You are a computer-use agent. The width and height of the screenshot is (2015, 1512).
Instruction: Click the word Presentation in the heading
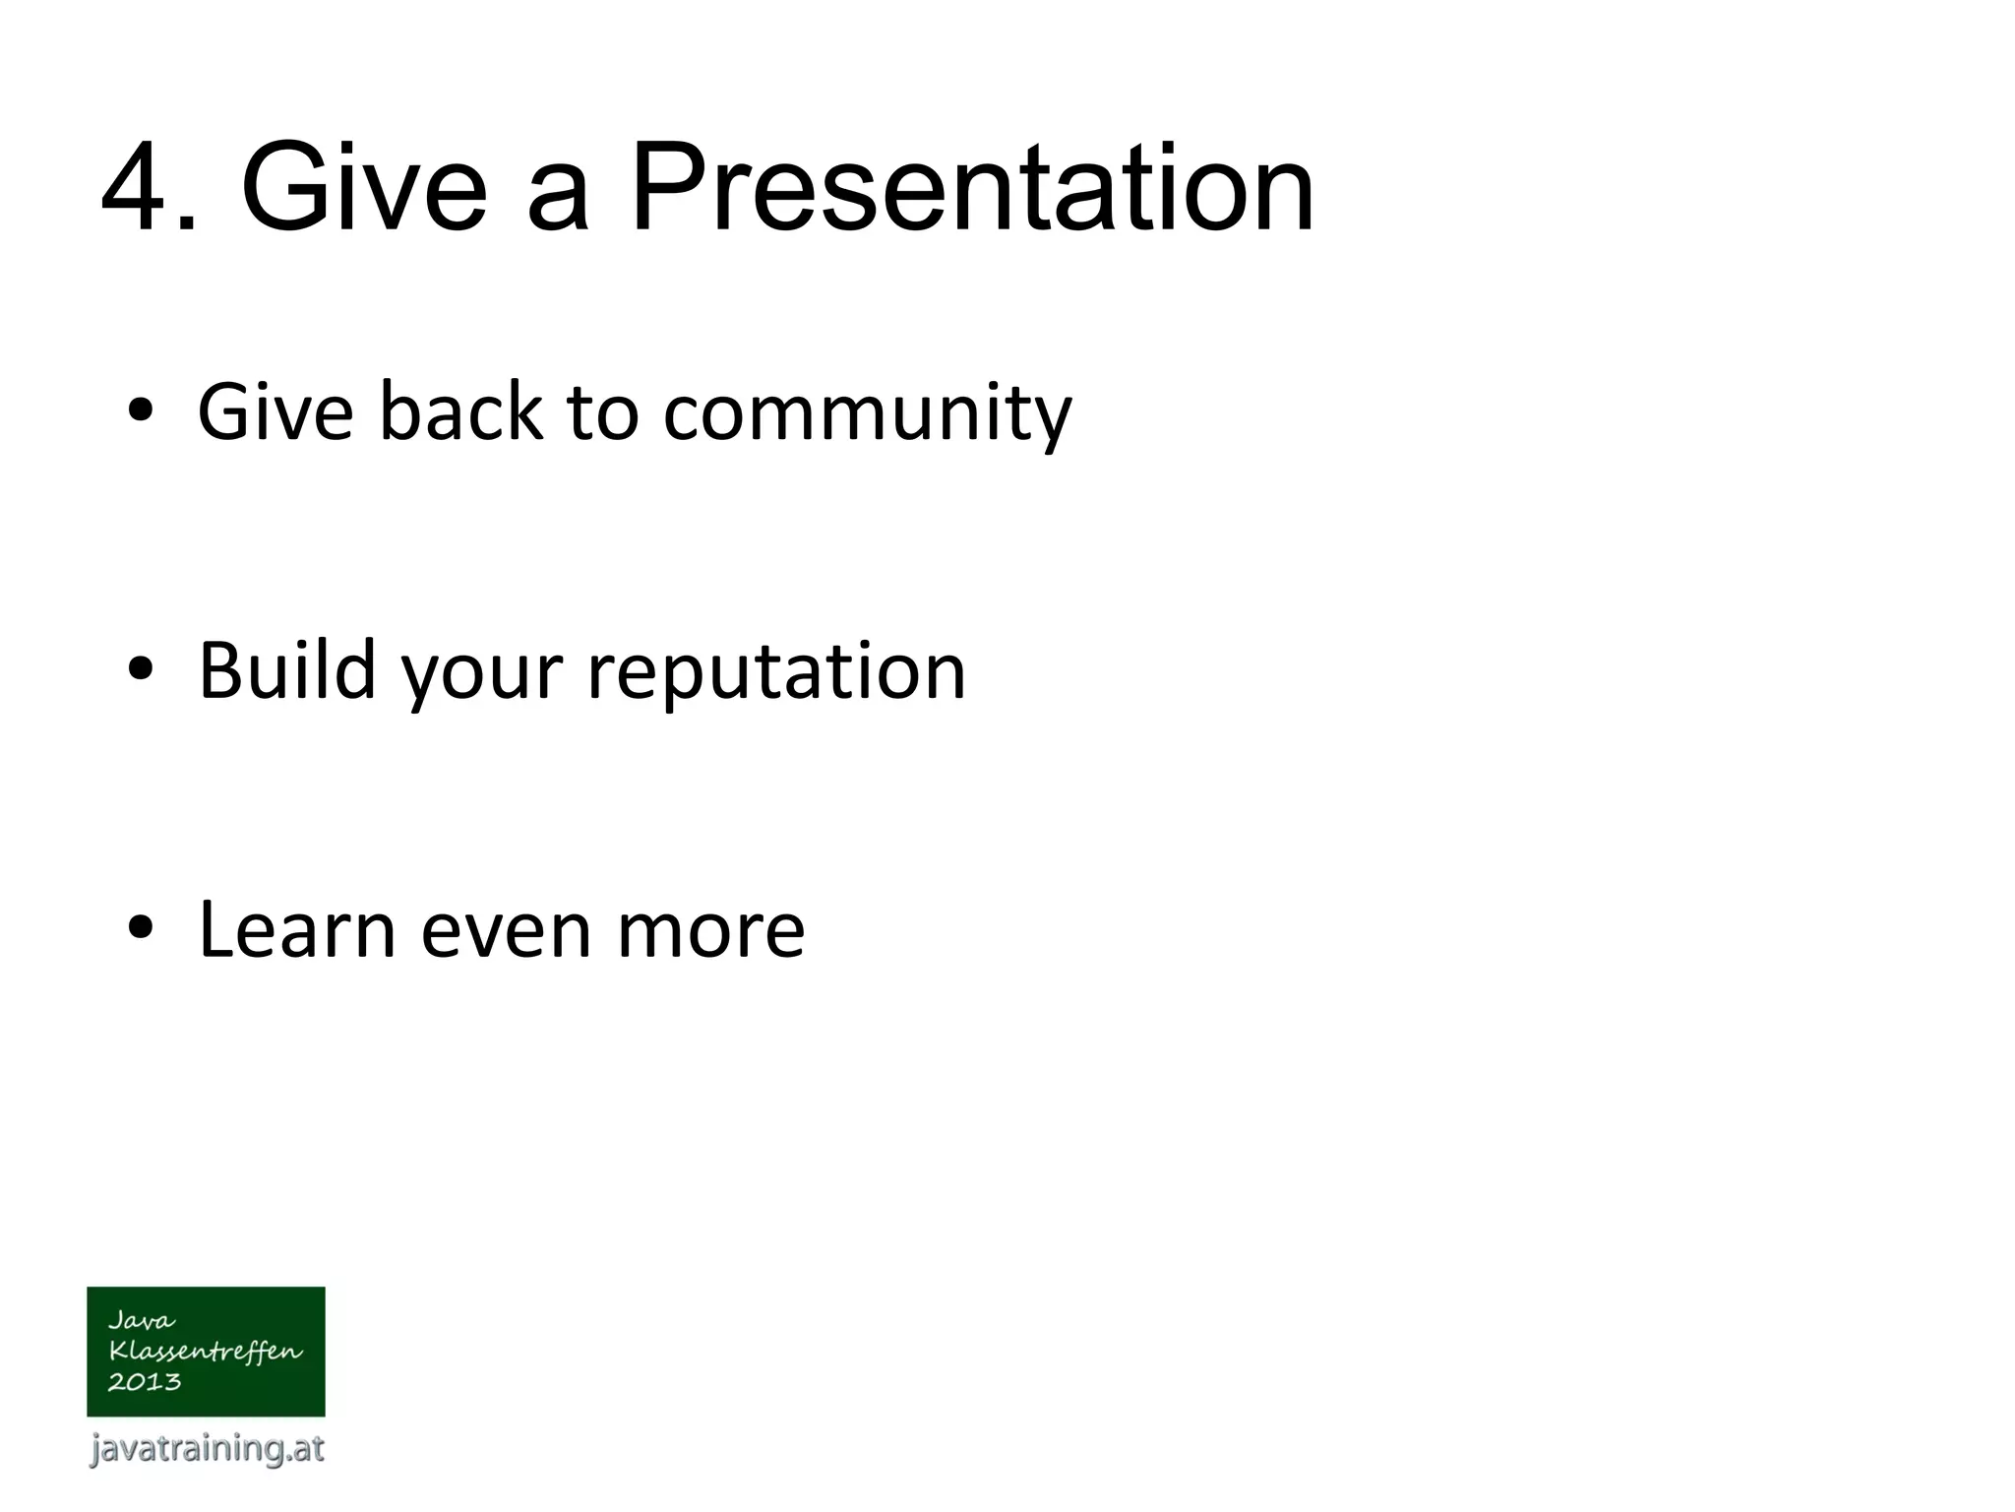(x=971, y=187)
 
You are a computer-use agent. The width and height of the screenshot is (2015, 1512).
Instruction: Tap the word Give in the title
(x=364, y=187)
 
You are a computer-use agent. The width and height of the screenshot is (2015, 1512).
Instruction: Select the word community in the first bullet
(x=867, y=413)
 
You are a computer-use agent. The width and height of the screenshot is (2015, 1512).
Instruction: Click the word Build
(x=286, y=670)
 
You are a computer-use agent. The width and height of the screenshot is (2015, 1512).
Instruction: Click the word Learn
(x=296, y=929)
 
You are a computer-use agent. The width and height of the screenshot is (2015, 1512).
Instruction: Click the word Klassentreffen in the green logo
(x=205, y=1351)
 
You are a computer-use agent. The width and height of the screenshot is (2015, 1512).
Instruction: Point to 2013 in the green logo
(x=145, y=1382)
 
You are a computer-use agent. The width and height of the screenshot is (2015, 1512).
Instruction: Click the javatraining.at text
(x=207, y=1448)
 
